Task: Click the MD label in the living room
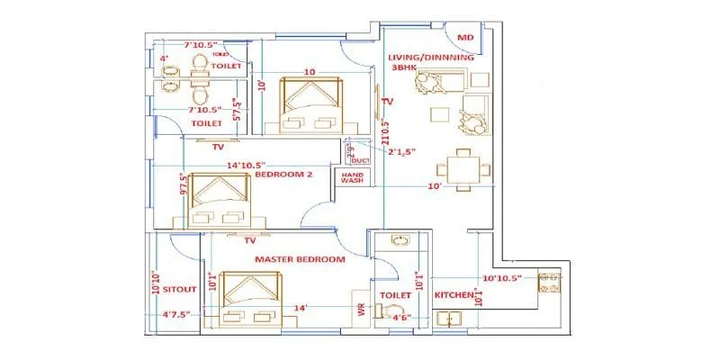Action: (465, 38)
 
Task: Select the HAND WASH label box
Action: (351, 178)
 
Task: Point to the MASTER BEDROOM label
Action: (300, 259)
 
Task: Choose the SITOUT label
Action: (180, 289)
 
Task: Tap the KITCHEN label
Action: (455, 294)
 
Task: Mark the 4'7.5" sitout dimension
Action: (179, 315)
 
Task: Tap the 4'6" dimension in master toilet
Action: (400, 316)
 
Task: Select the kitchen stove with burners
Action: (549, 282)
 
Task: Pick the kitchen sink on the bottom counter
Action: (448, 318)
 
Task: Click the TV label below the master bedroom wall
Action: (251, 241)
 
